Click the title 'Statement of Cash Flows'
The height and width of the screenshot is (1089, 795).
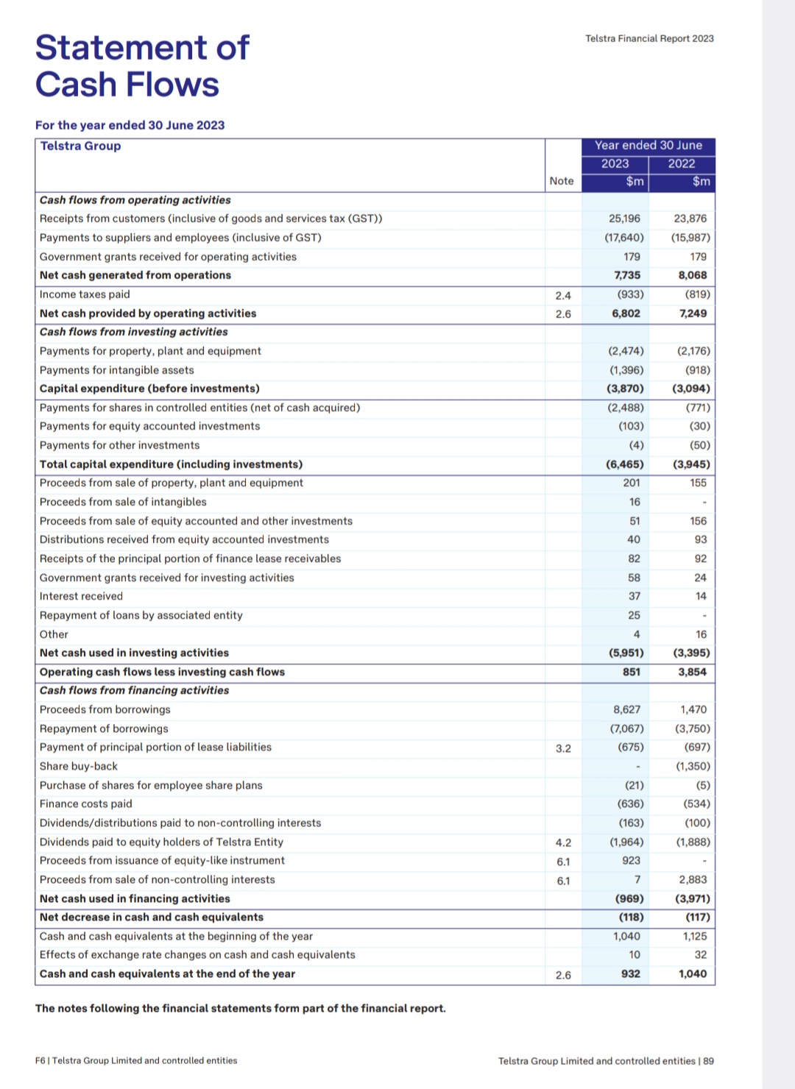tap(142, 66)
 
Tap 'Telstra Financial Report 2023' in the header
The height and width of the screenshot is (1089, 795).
tap(649, 38)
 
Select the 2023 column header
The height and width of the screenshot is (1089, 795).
tap(615, 163)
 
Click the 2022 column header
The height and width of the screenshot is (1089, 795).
tap(682, 163)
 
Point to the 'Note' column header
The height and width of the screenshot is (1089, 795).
tap(562, 181)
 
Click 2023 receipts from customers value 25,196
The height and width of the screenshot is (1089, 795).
tap(624, 219)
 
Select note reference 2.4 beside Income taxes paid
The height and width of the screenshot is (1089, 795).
tap(563, 296)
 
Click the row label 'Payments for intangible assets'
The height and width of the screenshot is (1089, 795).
tap(117, 370)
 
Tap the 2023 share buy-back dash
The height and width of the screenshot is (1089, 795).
tap(637, 767)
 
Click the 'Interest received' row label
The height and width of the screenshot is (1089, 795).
tap(81, 596)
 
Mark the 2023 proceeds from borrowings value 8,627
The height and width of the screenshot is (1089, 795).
tap(626, 709)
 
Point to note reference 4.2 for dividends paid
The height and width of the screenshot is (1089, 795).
tap(563, 843)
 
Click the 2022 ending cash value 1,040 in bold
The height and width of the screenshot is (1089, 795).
tap(692, 973)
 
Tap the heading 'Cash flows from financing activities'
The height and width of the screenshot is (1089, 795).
tap(134, 690)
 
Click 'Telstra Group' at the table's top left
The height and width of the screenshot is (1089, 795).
tap(80, 146)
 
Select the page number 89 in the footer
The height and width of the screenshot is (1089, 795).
tap(708, 1061)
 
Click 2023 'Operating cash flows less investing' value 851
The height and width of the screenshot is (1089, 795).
tap(631, 672)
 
